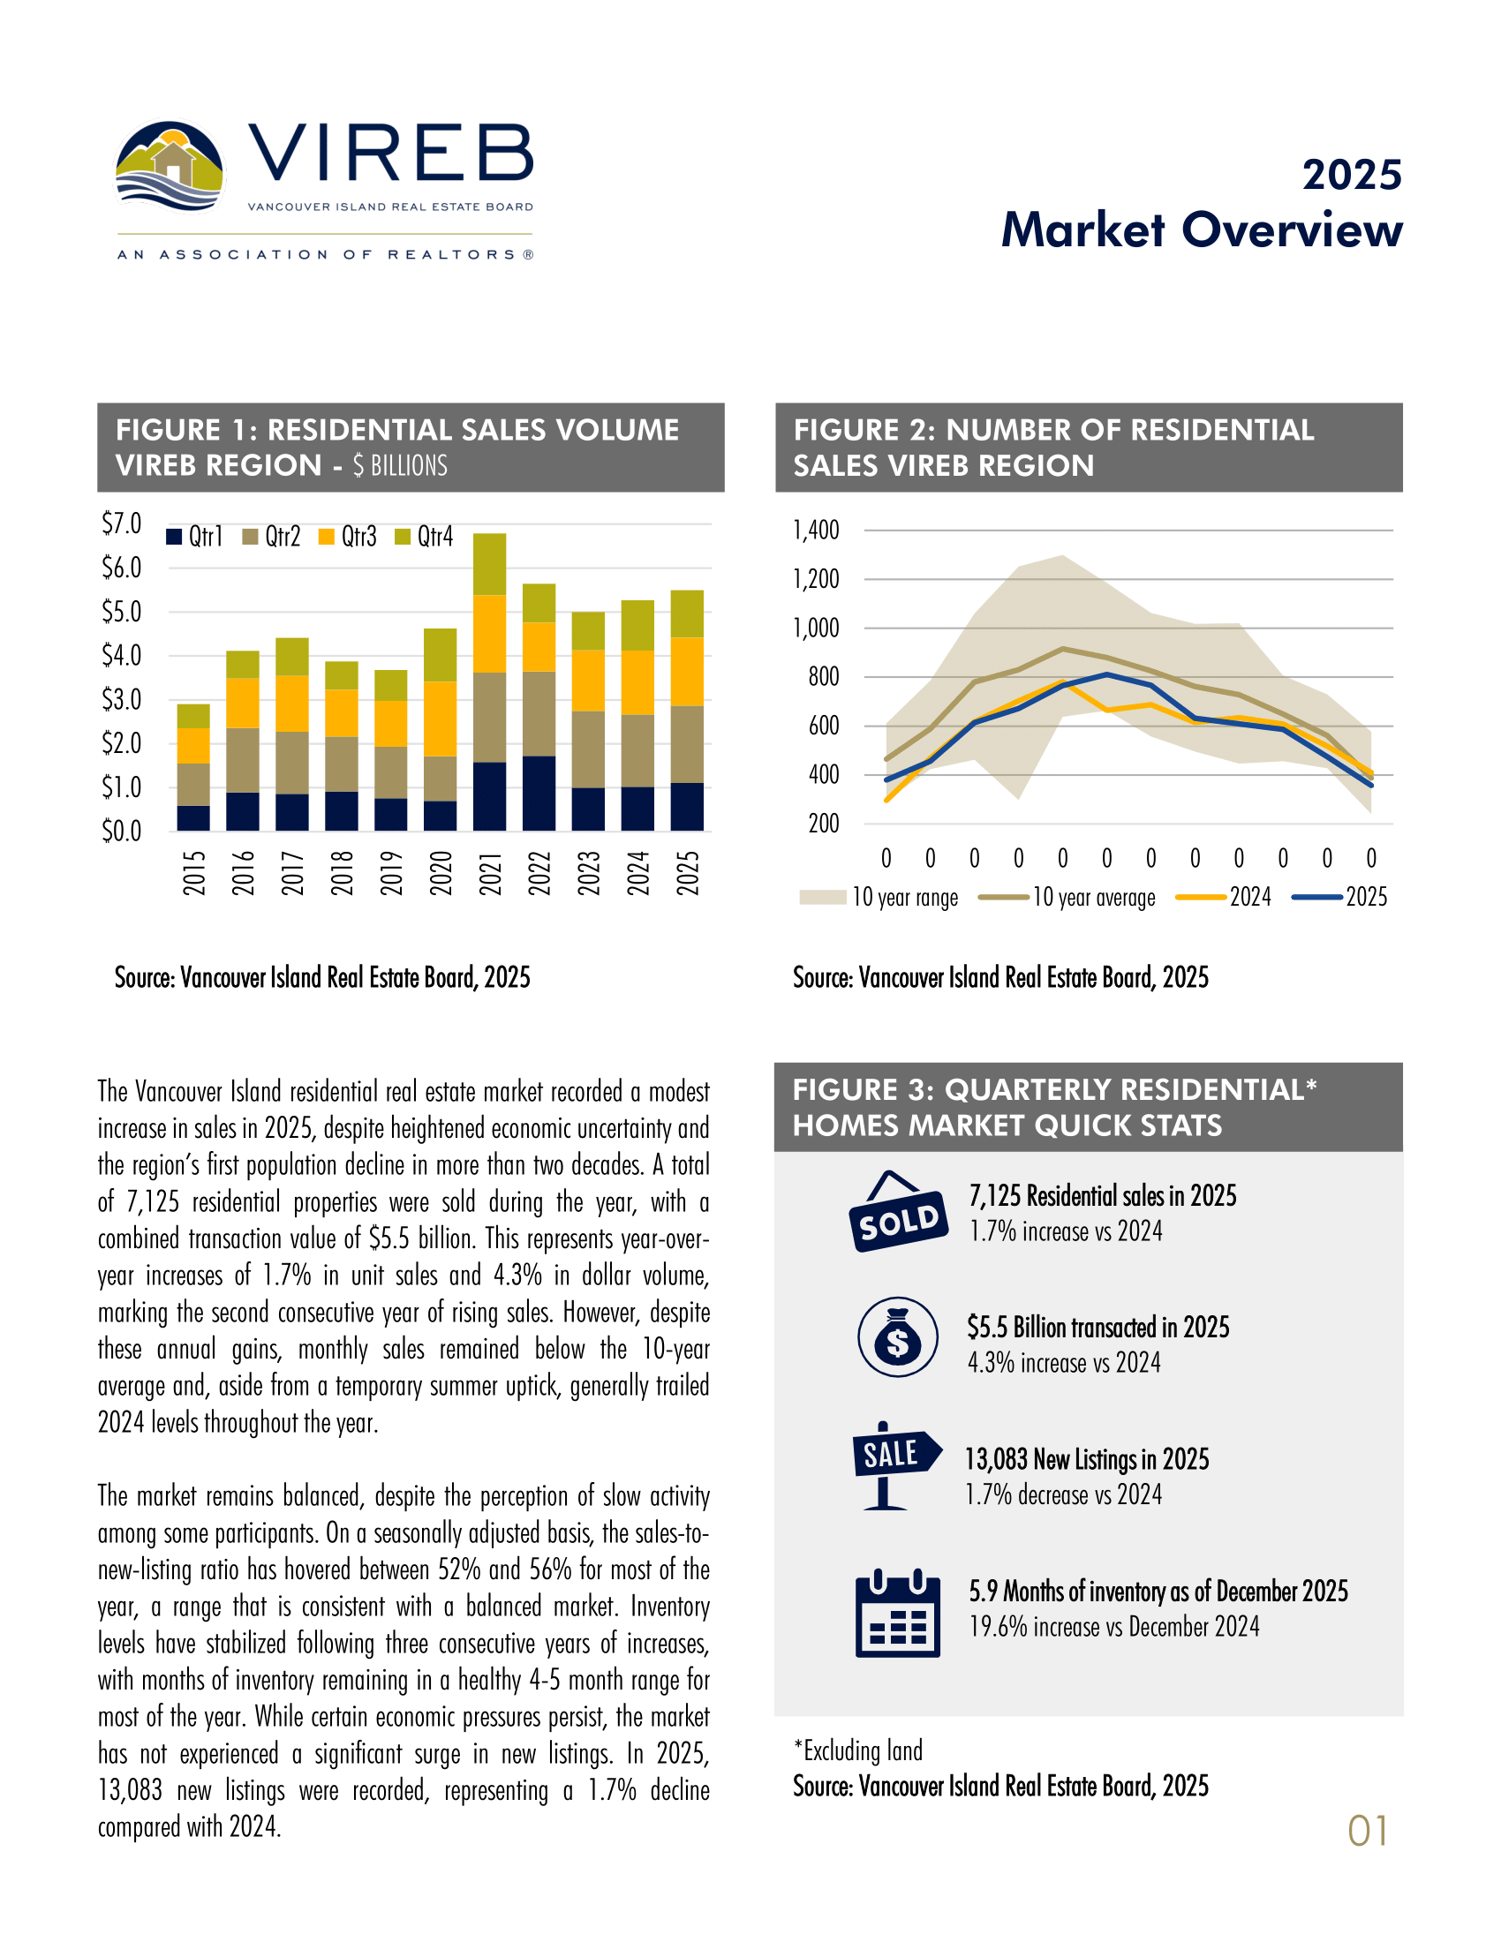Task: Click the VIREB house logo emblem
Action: click(169, 167)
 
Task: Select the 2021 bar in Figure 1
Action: click(489, 682)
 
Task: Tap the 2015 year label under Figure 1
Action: click(194, 872)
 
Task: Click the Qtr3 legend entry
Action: click(348, 537)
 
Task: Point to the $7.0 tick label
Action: click(122, 523)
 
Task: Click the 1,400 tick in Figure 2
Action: click(816, 531)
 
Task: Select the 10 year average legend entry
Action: click(1067, 897)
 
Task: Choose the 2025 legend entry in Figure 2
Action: click(1340, 897)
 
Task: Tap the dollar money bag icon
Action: click(897, 1337)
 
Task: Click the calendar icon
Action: click(897, 1615)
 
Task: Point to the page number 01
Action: click(1367, 1832)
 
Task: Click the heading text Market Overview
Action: click(1202, 230)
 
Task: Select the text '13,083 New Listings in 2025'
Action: click(1087, 1460)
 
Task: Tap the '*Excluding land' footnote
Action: click(858, 1750)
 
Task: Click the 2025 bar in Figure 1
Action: click(686, 711)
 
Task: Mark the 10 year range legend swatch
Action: click(822, 897)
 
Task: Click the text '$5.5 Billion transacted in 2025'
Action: click(1098, 1328)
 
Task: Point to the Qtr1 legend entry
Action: click(195, 537)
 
